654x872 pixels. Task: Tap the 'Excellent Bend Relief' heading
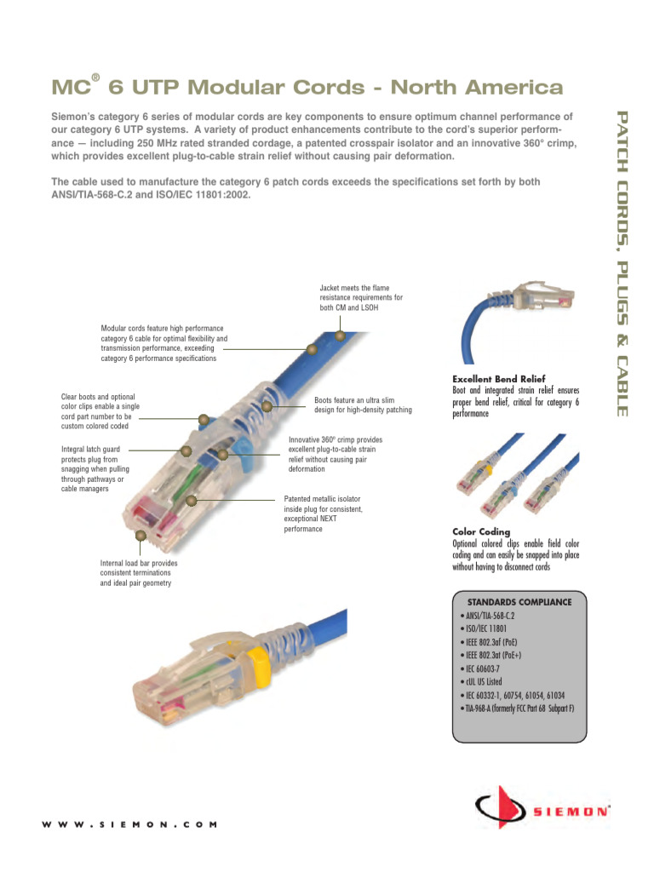click(x=498, y=379)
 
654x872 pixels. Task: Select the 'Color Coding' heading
click(x=481, y=532)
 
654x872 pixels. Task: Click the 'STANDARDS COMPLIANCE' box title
click(x=519, y=601)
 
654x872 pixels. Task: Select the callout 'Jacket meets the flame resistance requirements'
click(x=361, y=298)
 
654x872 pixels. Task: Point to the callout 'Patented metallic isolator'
click(x=324, y=513)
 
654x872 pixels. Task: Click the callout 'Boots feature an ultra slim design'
click(x=363, y=404)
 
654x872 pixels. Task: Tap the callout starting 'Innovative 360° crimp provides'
click(x=335, y=454)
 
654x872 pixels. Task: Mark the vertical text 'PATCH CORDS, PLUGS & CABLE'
click(x=622, y=263)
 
